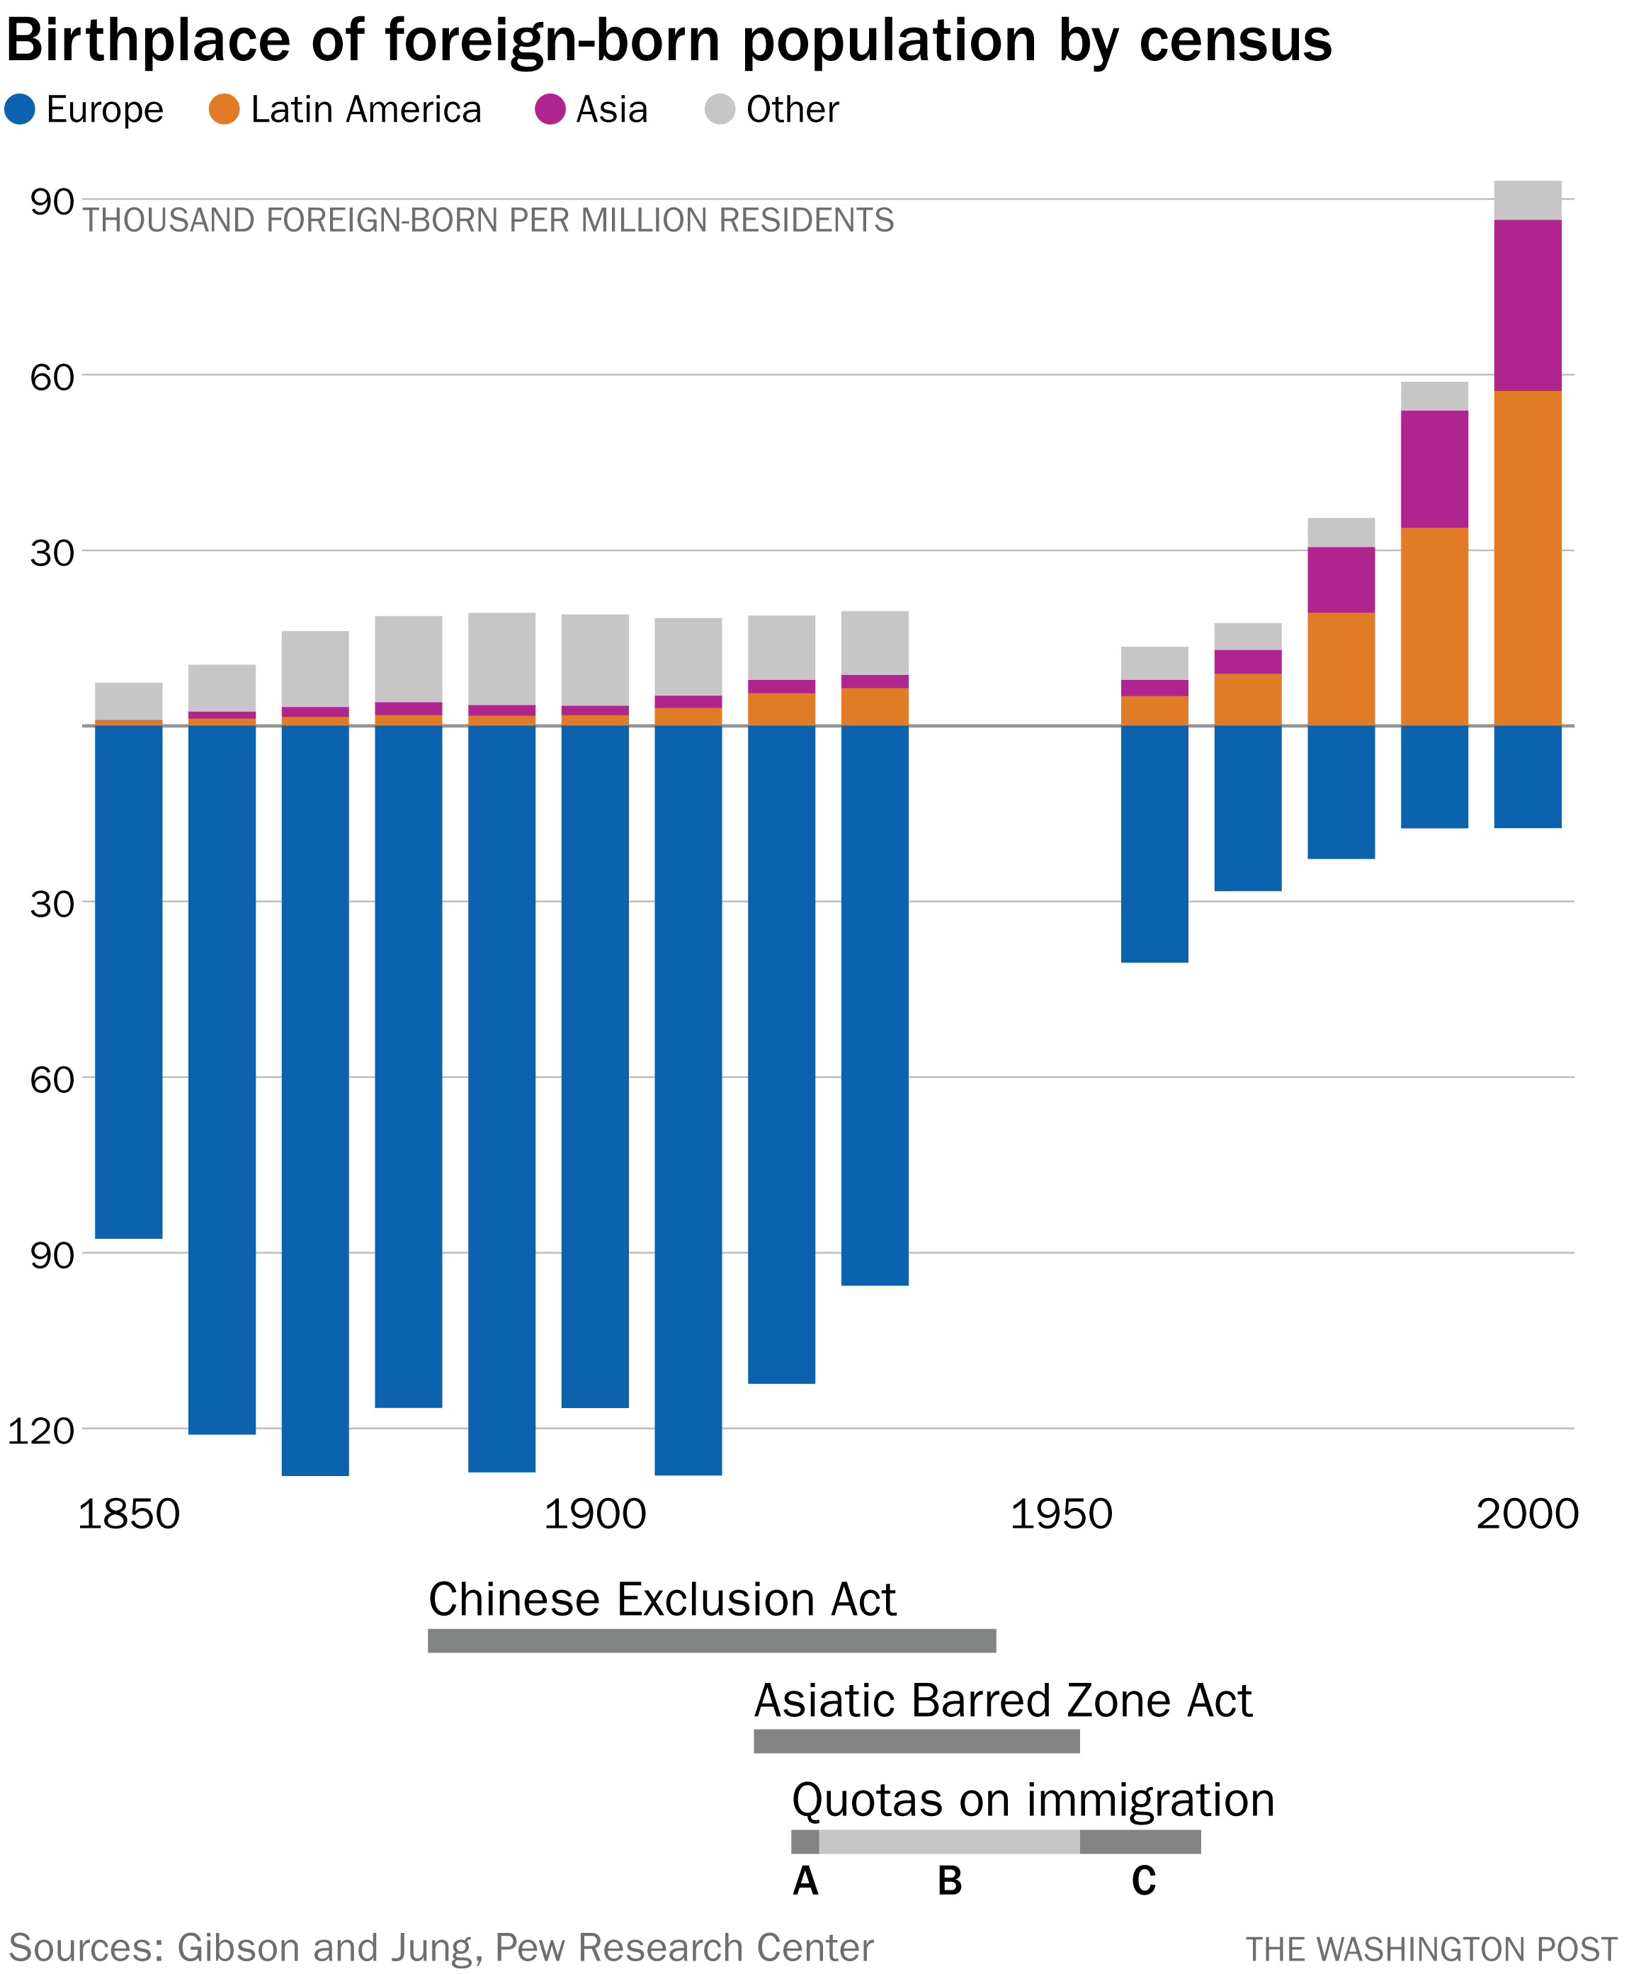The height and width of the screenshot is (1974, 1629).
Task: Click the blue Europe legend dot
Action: (20, 109)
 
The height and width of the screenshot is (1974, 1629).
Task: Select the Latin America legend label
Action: (366, 110)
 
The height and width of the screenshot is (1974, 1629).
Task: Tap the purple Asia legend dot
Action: (550, 109)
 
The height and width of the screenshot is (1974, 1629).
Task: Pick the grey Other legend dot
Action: (720, 109)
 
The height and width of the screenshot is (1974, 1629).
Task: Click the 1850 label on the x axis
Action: (129, 1514)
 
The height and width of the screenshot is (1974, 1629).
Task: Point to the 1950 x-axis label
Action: (1060, 1514)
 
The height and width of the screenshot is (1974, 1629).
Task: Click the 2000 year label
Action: (1527, 1514)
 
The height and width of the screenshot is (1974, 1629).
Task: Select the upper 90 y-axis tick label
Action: (52, 202)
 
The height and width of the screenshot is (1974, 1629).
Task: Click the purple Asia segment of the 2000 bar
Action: (1527, 305)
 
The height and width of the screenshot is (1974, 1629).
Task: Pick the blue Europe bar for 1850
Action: (129, 980)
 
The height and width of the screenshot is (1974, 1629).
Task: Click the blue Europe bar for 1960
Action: (1154, 844)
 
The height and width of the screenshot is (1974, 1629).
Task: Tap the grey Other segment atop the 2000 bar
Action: (1527, 200)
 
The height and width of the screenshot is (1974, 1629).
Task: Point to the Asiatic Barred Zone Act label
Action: (1002, 1700)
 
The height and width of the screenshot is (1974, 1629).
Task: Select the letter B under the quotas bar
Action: (950, 1881)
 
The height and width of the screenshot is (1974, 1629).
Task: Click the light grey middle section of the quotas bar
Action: (948, 1841)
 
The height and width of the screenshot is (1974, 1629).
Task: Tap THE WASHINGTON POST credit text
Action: (1430, 1949)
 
